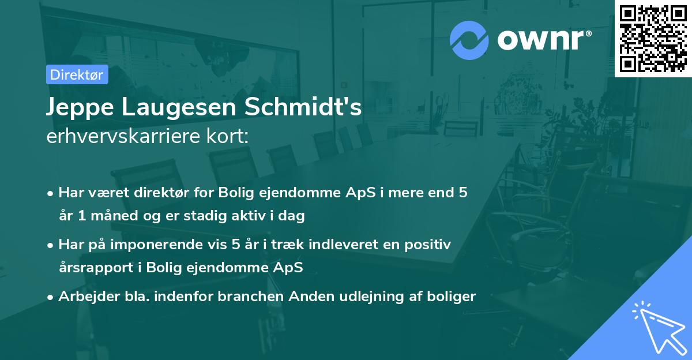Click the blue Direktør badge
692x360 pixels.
[x=77, y=74]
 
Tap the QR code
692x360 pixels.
[x=653, y=38]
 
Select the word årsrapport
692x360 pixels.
[x=92, y=268]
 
